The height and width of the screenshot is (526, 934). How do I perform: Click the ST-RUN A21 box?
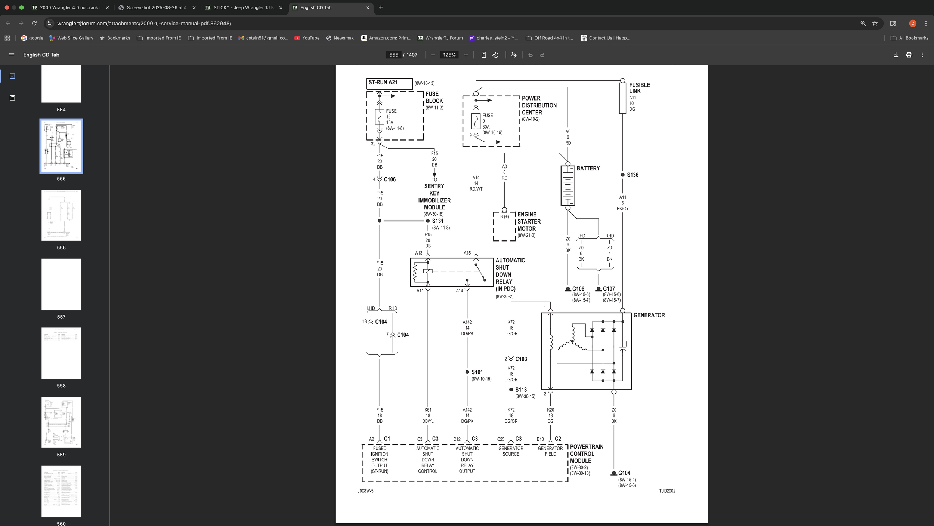(x=389, y=83)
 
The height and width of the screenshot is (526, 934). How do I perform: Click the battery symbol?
(x=567, y=186)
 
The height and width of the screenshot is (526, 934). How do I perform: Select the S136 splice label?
(x=632, y=175)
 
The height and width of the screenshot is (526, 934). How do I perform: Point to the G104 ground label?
(x=624, y=473)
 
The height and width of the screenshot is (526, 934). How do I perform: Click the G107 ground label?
(x=609, y=289)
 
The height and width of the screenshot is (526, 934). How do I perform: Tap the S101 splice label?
(x=477, y=372)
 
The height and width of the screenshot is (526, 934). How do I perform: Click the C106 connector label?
(x=389, y=179)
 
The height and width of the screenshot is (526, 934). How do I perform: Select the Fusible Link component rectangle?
(x=622, y=98)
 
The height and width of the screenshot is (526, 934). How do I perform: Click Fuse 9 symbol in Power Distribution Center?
(x=476, y=121)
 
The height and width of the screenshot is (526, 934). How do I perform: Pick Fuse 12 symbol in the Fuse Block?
(x=380, y=117)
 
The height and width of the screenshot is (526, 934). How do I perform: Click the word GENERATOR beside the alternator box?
(x=649, y=315)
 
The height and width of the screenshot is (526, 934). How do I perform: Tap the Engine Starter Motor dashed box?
(x=504, y=227)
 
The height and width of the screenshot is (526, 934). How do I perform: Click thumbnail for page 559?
(x=61, y=422)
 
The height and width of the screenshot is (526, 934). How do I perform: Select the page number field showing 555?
(x=393, y=55)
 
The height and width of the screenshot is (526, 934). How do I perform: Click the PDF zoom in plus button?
(x=466, y=55)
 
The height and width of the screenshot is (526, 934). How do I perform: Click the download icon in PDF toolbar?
(x=896, y=55)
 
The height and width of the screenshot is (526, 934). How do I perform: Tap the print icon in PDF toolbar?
(x=909, y=55)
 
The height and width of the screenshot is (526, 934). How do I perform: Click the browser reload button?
(x=34, y=23)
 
